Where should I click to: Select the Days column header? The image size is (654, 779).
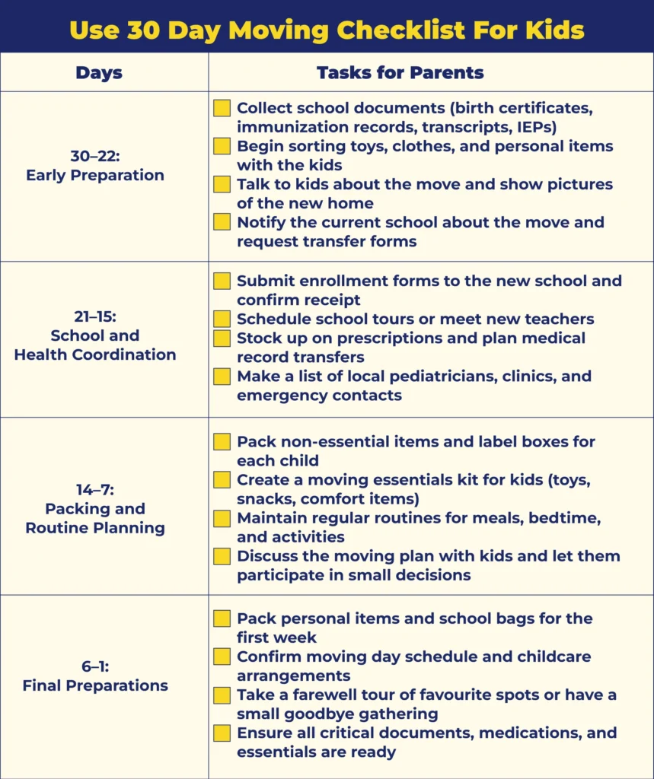tap(99, 73)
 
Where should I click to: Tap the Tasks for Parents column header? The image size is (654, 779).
tap(400, 73)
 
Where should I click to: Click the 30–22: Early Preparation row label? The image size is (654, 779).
tap(95, 166)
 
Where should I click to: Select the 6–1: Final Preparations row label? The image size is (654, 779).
tap(95, 676)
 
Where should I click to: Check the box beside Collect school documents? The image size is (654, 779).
tap(222, 108)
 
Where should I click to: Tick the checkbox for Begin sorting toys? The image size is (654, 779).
tap(222, 146)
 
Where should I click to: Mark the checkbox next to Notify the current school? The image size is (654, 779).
tap(222, 222)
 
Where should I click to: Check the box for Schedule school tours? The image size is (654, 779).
tap(222, 319)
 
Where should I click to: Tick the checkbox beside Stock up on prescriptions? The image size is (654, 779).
tap(222, 338)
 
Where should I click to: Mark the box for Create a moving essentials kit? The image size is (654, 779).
tap(222, 480)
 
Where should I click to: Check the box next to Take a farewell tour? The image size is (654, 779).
tap(222, 695)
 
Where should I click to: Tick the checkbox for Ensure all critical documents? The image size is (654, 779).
tap(222, 733)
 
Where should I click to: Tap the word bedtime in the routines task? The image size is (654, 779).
tap(549, 518)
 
